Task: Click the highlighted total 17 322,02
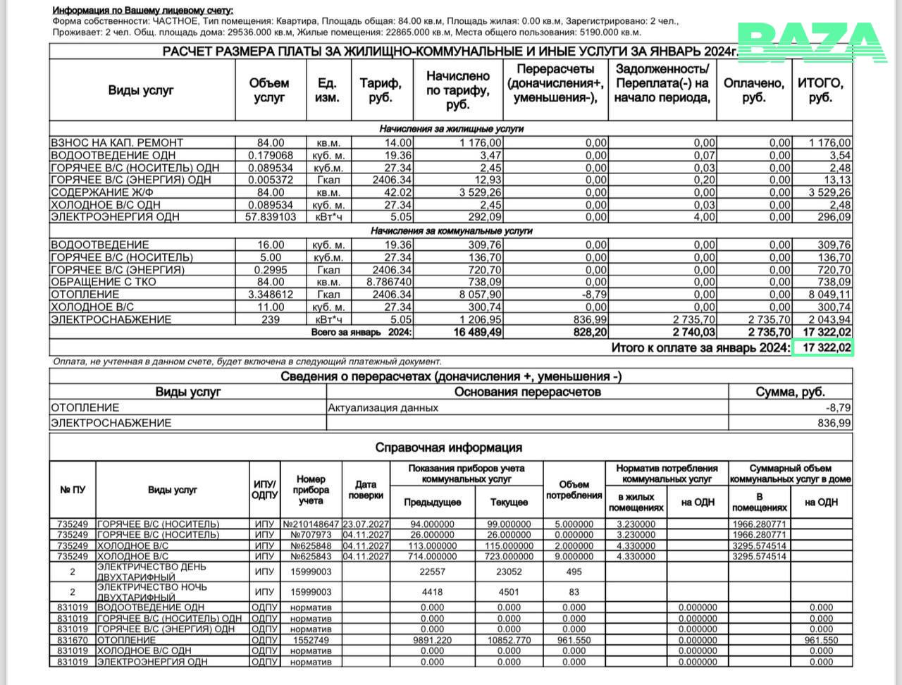822,347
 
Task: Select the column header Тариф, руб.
381,90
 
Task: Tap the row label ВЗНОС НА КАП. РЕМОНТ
117,143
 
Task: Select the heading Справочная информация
448,448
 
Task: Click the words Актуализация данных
383,407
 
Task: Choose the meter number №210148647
311,524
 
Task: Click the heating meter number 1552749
311,640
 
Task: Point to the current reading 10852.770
509,640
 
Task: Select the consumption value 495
574,572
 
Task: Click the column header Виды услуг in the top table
141,90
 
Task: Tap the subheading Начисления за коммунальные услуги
451,231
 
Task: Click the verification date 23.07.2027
366,524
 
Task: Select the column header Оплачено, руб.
753,90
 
